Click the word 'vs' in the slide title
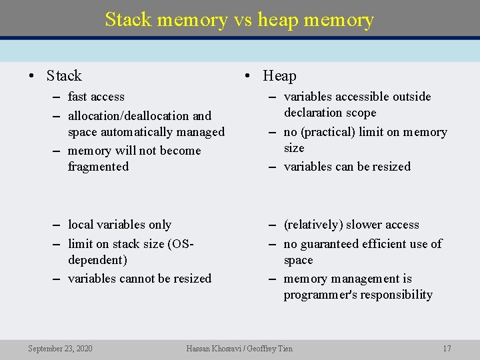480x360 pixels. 242,20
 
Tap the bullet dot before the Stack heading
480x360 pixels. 32,76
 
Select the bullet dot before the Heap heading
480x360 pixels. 248,76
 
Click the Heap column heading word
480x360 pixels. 279,76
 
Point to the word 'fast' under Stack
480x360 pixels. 78,97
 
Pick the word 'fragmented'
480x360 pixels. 98,167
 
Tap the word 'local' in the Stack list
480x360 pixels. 82,225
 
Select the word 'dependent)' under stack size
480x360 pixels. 97,260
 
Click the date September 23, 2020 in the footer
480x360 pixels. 60,348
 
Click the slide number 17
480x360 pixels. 447,348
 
